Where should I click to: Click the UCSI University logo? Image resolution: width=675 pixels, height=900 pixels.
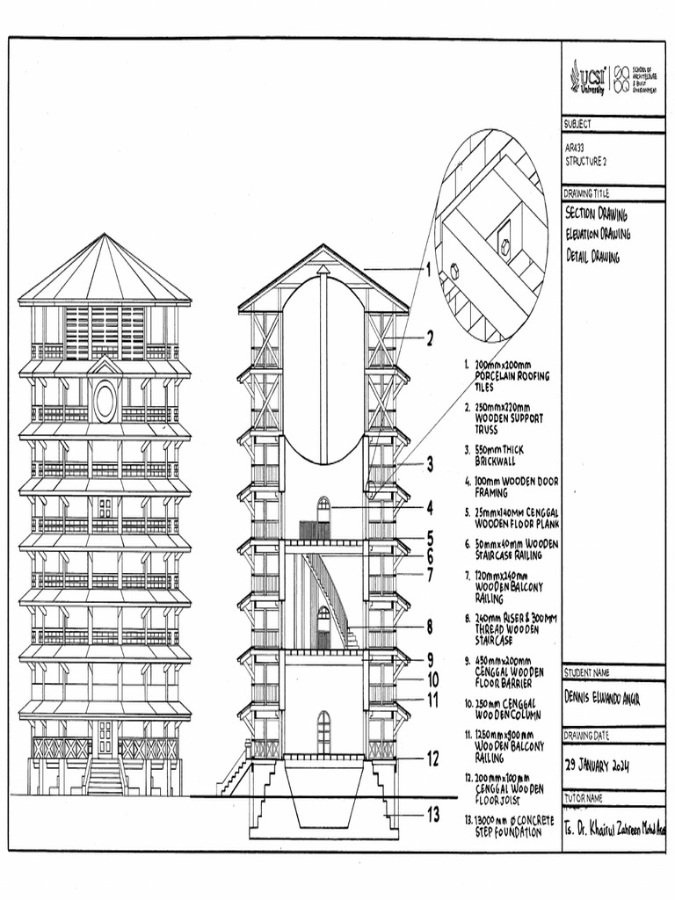pos(590,76)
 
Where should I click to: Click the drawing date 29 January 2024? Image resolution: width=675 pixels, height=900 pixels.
pos(598,766)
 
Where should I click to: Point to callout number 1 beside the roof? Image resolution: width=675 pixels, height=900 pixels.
pos(428,271)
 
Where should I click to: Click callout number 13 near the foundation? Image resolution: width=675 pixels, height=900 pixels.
pos(432,815)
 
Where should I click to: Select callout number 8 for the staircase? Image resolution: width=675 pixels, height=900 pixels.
pos(430,627)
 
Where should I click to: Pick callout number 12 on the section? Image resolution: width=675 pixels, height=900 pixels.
pos(432,758)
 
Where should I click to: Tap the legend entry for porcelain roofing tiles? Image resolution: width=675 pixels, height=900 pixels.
pos(510,375)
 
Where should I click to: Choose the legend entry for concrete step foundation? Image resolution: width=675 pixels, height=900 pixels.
pos(508,825)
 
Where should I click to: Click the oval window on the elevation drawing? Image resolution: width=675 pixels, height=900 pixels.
pos(105,401)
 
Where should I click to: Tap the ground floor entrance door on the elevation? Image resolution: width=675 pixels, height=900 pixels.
pos(105,737)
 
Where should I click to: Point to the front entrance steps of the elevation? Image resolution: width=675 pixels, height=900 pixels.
pos(105,777)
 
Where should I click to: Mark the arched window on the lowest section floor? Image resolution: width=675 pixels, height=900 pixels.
pos(323,731)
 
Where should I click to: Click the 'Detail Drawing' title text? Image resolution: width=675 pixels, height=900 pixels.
pos(593,257)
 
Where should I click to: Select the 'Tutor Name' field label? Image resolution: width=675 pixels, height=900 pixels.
pos(583,798)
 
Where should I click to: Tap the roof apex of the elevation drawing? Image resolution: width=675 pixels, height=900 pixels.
pos(105,235)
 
